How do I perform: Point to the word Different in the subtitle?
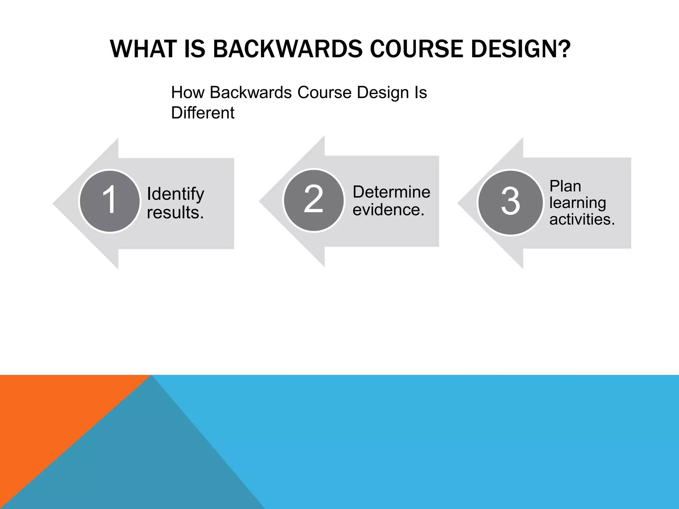[203, 113]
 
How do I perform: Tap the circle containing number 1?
[110, 201]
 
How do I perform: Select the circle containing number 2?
[314, 200]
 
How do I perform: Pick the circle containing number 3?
[511, 202]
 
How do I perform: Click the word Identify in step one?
[175, 194]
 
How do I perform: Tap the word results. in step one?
[175, 212]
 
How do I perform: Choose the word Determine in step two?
[391, 192]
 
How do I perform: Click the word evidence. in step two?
[388, 210]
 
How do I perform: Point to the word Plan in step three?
[565, 186]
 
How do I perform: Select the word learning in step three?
[578, 202]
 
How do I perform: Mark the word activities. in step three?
[582, 219]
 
